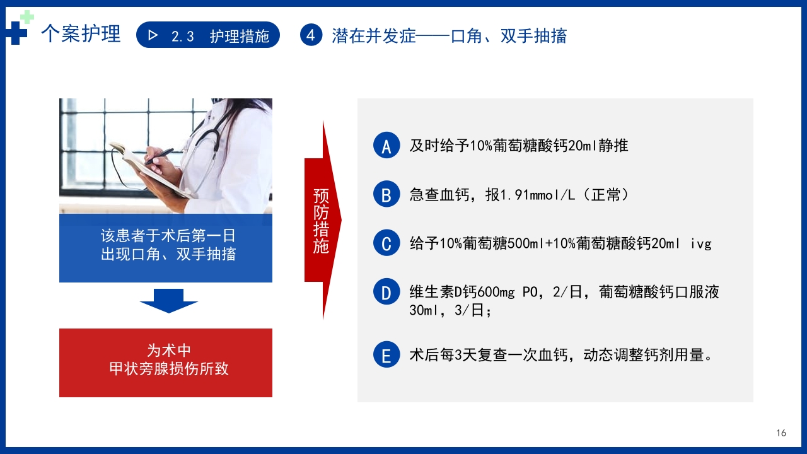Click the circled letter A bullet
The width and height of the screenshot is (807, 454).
point(386,146)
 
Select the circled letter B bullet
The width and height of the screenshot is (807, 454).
point(386,194)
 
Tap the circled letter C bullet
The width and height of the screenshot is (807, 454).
point(386,243)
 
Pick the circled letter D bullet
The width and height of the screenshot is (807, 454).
point(386,292)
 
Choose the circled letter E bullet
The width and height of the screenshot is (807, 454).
point(386,355)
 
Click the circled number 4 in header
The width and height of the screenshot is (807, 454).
point(311,35)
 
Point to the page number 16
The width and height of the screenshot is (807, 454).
point(781,433)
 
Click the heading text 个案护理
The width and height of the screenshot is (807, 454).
point(81,34)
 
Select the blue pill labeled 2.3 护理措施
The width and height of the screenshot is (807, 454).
point(208,36)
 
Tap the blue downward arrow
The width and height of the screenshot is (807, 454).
point(168,301)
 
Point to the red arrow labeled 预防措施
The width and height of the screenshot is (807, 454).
point(322,220)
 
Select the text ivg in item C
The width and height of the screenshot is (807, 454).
point(700,243)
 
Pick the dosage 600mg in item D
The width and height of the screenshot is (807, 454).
point(497,292)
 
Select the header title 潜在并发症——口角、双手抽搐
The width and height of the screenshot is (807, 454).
point(449,36)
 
